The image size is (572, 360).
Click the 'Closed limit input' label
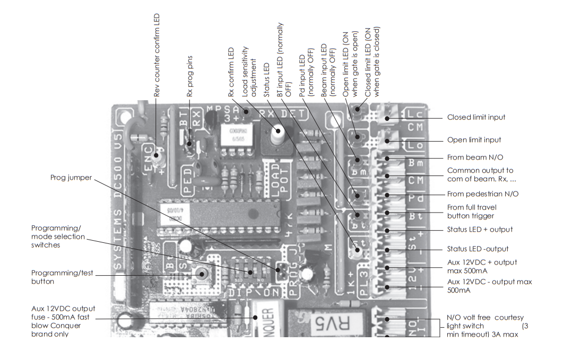(x=476, y=117)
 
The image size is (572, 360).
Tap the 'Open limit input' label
(x=474, y=140)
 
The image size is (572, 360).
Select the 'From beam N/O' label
(x=475, y=157)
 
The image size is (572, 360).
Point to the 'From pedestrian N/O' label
(x=483, y=194)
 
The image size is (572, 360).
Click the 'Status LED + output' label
(x=480, y=230)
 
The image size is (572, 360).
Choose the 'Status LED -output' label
(x=478, y=249)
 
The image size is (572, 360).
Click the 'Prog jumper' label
(x=71, y=177)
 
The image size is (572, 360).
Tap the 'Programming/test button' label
(x=62, y=277)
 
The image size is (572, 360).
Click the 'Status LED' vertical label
(x=267, y=80)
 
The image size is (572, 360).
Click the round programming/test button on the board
(x=201, y=273)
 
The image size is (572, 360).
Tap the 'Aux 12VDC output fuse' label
(x=63, y=321)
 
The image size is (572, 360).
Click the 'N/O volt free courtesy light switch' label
(x=485, y=326)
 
